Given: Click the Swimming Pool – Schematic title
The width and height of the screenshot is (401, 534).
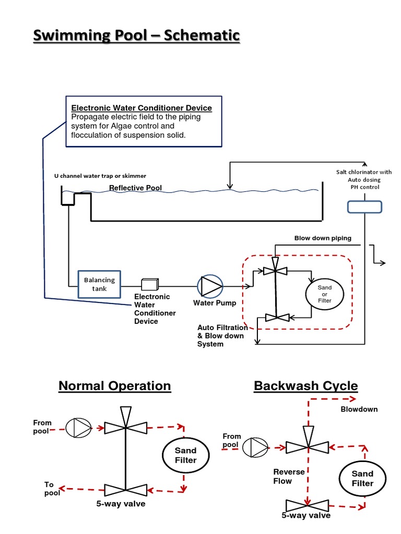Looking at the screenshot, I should pyautogui.click(x=137, y=35).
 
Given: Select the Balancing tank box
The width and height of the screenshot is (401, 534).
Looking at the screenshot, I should pyautogui.click(x=99, y=284).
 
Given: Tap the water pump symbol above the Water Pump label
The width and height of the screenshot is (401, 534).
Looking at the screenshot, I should pyautogui.click(x=210, y=286).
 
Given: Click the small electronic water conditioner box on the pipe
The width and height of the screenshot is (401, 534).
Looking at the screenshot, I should pyautogui.click(x=150, y=284).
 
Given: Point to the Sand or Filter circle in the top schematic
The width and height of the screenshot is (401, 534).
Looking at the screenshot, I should pyautogui.click(x=324, y=294).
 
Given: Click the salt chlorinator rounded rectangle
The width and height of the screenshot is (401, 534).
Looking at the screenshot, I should pyautogui.click(x=365, y=207).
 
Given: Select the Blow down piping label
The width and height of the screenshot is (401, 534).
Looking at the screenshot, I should pyautogui.click(x=323, y=238).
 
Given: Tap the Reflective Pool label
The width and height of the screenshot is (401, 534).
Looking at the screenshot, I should pyautogui.click(x=135, y=188).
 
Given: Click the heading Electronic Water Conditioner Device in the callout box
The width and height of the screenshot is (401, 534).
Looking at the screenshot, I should pyautogui.click(x=141, y=108).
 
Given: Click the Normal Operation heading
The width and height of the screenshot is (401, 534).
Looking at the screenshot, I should pyautogui.click(x=114, y=386).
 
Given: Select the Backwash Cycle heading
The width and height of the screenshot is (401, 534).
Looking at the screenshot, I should pyautogui.click(x=305, y=386).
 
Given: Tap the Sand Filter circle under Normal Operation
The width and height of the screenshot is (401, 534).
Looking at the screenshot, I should pyautogui.click(x=185, y=455).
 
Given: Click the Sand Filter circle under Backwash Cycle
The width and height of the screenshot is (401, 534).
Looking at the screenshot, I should pyautogui.click(x=362, y=478).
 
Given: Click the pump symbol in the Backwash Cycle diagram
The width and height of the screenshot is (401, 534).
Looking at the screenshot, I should pyautogui.click(x=256, y=447).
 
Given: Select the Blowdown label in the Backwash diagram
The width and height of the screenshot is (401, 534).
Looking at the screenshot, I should pyautogui.click(x=359, y=409).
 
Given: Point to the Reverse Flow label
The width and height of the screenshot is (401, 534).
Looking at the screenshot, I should pyautogui.click(x=289, y=476).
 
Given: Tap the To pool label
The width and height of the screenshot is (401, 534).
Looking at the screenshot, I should pyautogui.click(x=52, y=489).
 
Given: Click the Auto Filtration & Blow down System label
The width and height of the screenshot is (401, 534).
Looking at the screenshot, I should pyautogui.click(x=222, y=336).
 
